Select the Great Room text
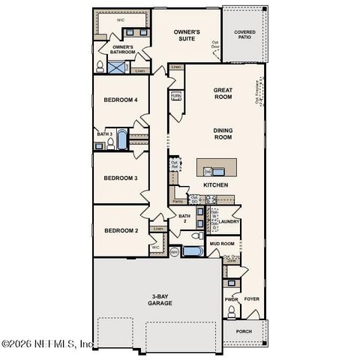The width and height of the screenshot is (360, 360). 223,92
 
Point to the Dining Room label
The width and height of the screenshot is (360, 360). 223,134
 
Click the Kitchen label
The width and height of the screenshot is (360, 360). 216,184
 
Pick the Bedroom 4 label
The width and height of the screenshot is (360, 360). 120,100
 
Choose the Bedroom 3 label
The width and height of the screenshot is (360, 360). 120,178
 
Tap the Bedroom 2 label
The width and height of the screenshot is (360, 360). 120,230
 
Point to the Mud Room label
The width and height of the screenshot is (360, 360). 222,244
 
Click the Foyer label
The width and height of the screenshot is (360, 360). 251,298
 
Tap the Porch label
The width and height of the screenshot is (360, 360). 244,330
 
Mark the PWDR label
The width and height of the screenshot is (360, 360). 231,298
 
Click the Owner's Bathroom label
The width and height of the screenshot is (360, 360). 123,50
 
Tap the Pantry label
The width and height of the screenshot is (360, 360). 178,201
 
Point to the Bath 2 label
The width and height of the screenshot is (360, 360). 183,218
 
